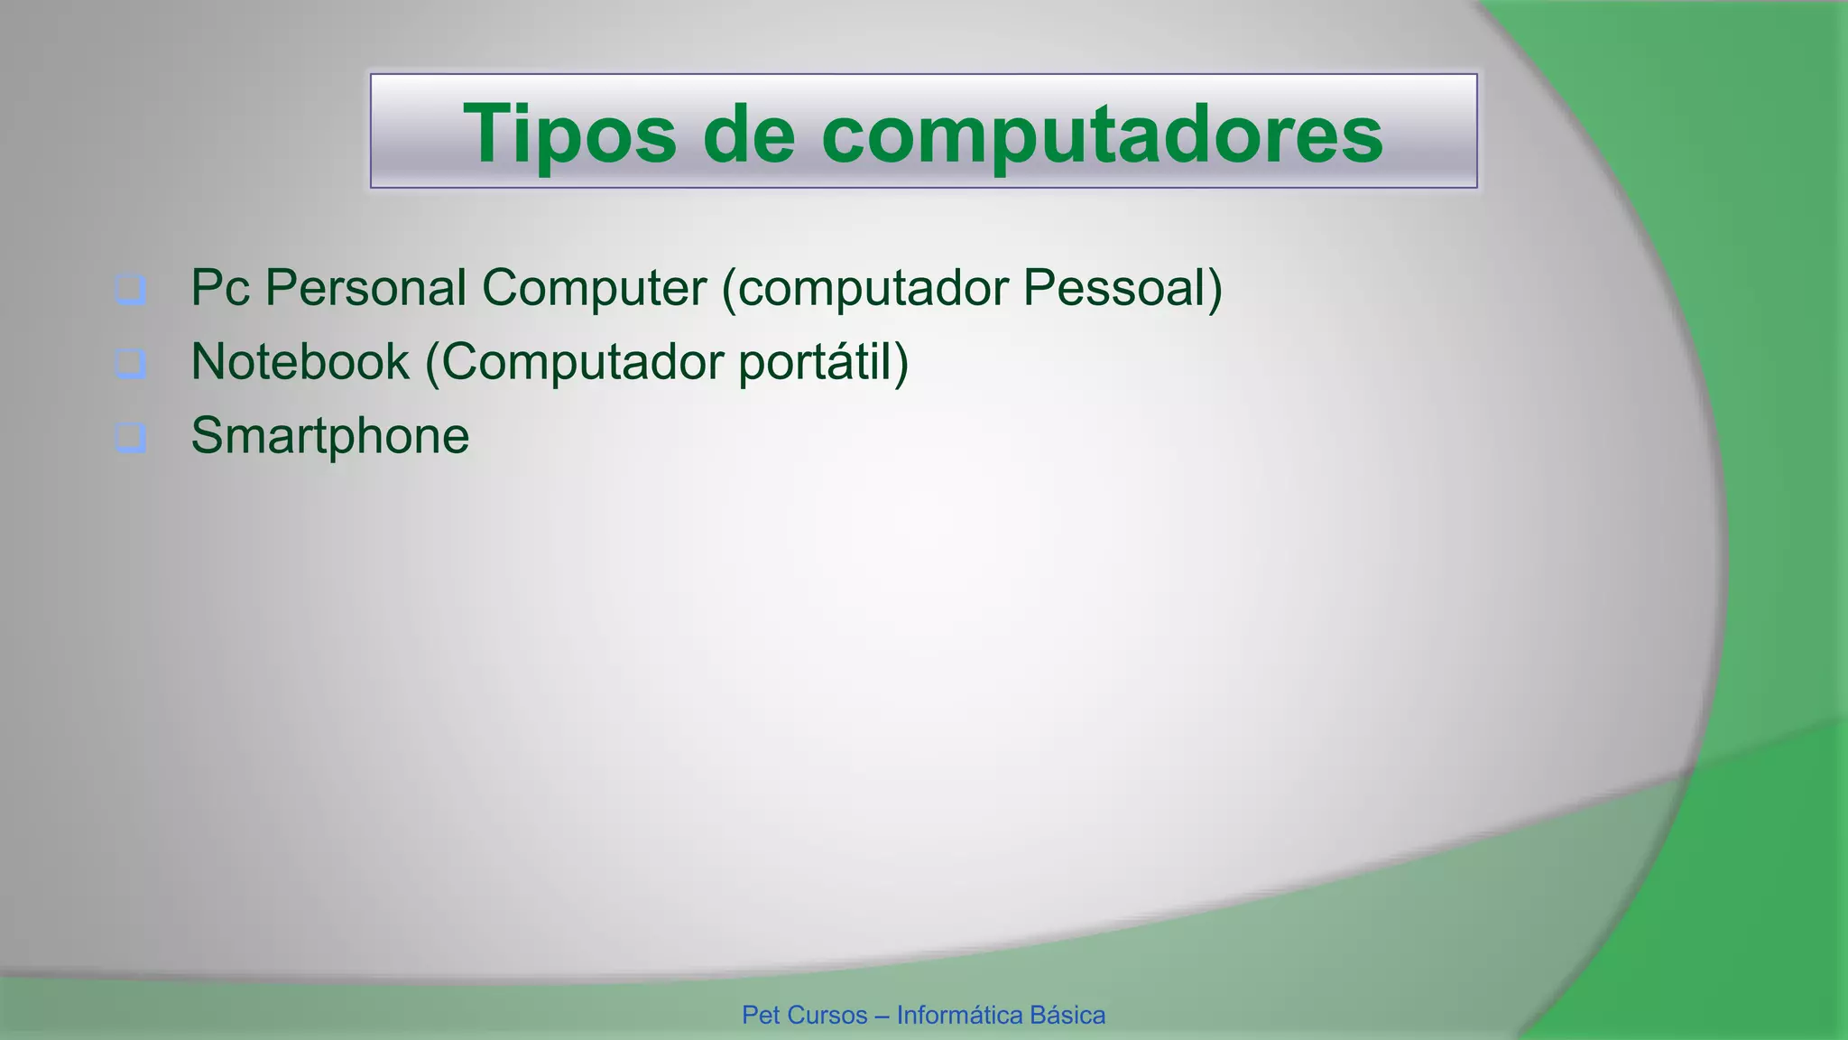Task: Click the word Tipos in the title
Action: tap(568, 134)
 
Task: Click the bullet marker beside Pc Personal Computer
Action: tap(131, 290)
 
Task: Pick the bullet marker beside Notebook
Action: tap(131, 364)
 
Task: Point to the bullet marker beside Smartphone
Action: tap(131, 437)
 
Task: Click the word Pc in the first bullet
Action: tap(220, 288)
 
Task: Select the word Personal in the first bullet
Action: tap(365, 288)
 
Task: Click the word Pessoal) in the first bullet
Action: tap(1122, 288)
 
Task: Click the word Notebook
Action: tap(300, 362)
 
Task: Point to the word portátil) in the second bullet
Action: tap(823, 364)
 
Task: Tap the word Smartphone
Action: tap(330, 436)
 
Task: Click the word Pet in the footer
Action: tap(760, 1016)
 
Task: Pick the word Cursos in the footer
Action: tap(826, 1016)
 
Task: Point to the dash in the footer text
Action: tap(882, 1017)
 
